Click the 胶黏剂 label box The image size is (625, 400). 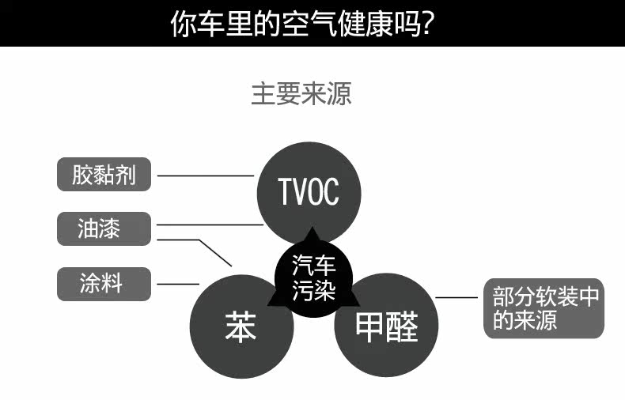[x=104, y=175]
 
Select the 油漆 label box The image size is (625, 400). [x=104, y=229]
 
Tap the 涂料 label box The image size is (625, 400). [x=104, y=284]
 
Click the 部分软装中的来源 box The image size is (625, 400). [x=544, y=309]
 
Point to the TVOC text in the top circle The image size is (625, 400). [x=308, y=191]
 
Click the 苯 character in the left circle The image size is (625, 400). [x=241, y=326]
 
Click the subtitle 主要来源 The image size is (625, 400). [x=301, y=93]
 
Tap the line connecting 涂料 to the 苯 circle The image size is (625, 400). [x=178, y=284]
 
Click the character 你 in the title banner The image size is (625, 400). [x=184, y=24]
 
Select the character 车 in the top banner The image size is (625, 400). [x=211, y=24]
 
